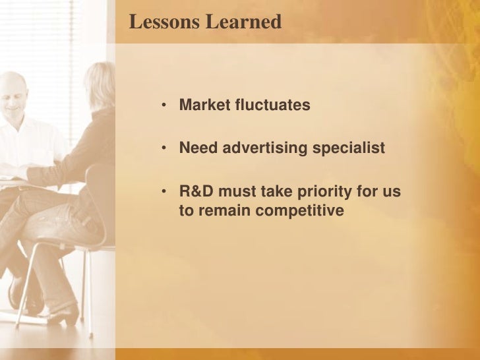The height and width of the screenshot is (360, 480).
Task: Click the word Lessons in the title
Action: tap(164, 22)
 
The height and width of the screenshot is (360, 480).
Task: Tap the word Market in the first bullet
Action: tap(204, 105)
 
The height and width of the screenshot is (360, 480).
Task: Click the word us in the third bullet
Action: tap(392, 193)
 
